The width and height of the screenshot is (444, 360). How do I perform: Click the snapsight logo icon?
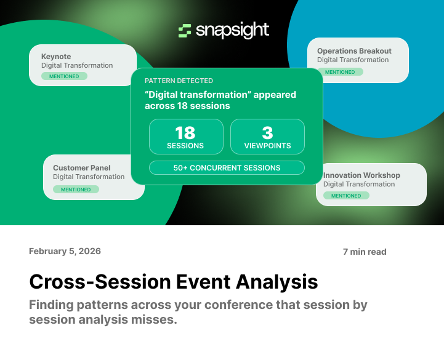[x=184, y=31]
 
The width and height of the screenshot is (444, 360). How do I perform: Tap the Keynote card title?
[x=56, y=56]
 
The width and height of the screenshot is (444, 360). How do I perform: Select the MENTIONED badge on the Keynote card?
[x=65, y=76]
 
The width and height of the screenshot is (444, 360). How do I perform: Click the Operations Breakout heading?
[x=354, y=51]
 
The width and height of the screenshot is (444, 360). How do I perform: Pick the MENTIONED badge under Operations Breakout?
[x=340, y=72]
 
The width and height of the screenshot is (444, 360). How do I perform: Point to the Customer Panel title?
[x=82, y=167]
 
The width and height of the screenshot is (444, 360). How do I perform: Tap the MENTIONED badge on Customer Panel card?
[x=76, y=190]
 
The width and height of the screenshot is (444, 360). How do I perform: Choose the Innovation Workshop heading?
[x=361, y=175]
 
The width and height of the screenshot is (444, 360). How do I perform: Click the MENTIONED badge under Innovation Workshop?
[x=346, y=196]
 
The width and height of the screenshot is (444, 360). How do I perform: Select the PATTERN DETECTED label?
[x=179, y=81]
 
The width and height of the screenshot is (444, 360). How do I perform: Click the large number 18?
[x=185, y=133]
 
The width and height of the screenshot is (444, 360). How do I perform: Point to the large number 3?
[x=267, y=133]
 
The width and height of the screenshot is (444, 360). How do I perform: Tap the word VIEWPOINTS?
[x=267, y=146]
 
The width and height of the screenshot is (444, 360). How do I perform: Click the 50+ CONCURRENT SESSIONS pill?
[x=227, y=168]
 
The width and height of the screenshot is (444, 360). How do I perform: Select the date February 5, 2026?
[x=65, y=251]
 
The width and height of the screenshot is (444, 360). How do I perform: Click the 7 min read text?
[x=365, y=252]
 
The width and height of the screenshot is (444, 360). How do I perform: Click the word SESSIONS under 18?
[x=185, y=146]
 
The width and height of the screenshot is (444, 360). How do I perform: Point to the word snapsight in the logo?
[x=232, y=31]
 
